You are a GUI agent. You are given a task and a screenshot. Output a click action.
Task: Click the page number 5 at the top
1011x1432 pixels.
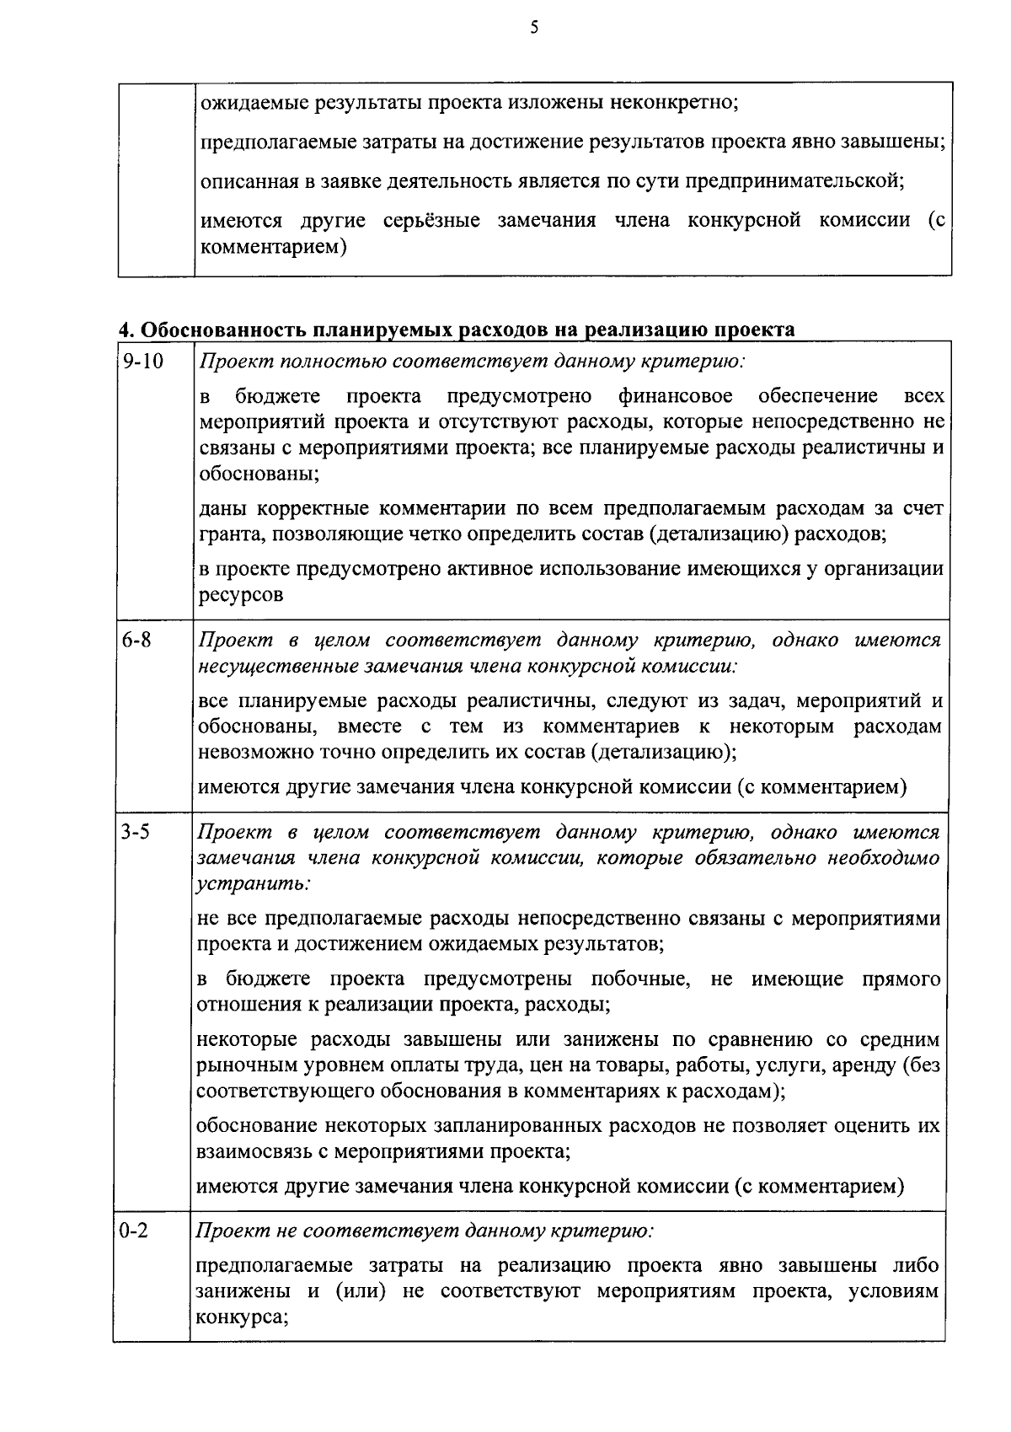click(x=533, y=28)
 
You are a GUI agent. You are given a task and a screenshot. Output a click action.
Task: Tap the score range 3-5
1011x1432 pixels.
click(x=135, y=832)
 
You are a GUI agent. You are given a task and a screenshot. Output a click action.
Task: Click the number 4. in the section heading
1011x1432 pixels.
click(x=125, y=330)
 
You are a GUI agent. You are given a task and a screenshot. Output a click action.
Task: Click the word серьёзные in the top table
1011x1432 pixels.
click(x=431, y=220)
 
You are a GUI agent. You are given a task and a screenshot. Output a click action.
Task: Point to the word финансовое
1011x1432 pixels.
click(x=675, y=395)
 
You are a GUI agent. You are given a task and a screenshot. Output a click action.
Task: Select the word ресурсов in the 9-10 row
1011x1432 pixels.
click(x=241, y=594)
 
